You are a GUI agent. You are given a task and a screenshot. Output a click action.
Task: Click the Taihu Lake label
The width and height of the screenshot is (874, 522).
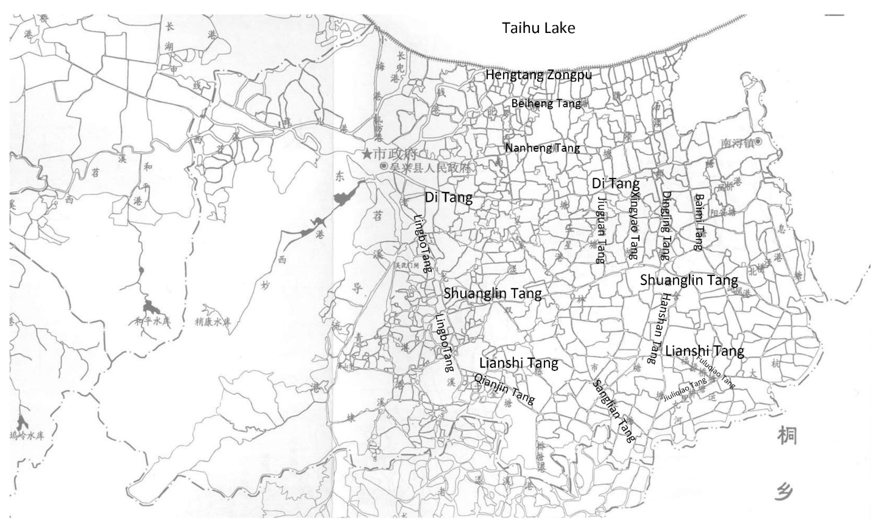[538, 28]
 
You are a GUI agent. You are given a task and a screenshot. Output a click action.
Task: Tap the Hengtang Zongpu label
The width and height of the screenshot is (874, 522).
[538, 75]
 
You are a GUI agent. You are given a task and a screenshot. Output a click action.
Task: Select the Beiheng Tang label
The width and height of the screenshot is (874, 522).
[546, 103]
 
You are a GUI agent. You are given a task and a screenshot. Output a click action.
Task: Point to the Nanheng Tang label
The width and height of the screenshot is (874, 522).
[542, 148]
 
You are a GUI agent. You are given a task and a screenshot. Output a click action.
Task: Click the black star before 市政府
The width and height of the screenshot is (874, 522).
[367, 154]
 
